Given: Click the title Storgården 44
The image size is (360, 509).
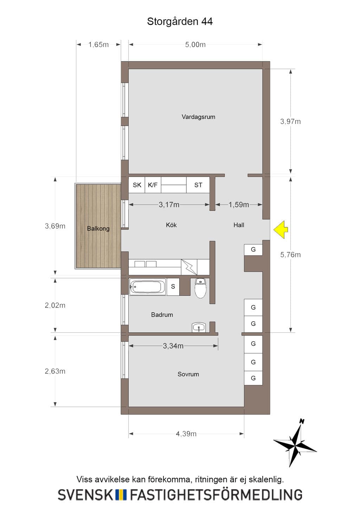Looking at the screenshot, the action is coord(180,21).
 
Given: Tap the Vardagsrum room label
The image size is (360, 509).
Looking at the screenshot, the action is coord(198,117).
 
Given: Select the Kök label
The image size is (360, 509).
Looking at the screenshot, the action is coord(171,225).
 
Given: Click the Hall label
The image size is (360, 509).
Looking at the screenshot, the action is coord(239,225).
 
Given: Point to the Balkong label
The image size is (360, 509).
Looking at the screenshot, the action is coord(98,228).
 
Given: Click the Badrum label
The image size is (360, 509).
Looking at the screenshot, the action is coord(162,315).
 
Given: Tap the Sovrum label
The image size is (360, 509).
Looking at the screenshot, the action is coord(188,374).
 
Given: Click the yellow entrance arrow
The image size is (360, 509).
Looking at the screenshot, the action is coord(281,229).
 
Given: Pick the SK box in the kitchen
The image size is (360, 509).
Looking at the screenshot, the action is coord(137,185).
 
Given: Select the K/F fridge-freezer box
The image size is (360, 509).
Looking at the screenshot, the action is coord(153,185).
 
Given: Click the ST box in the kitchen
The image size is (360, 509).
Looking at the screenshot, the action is coord(198,185).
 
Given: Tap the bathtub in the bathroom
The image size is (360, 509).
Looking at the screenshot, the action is coord(148,287).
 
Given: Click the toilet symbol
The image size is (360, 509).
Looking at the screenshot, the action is coord(200,288).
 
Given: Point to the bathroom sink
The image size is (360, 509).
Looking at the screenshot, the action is coord(199,327).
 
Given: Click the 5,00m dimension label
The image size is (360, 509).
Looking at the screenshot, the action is coord(195,45).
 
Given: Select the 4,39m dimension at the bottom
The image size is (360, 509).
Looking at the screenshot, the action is coord(186,434).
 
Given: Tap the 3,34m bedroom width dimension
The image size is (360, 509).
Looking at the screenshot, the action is coord(173,346).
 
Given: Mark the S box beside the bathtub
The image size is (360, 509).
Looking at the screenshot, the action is coord(173,287).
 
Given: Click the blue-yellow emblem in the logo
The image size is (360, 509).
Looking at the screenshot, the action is coord(121,495).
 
